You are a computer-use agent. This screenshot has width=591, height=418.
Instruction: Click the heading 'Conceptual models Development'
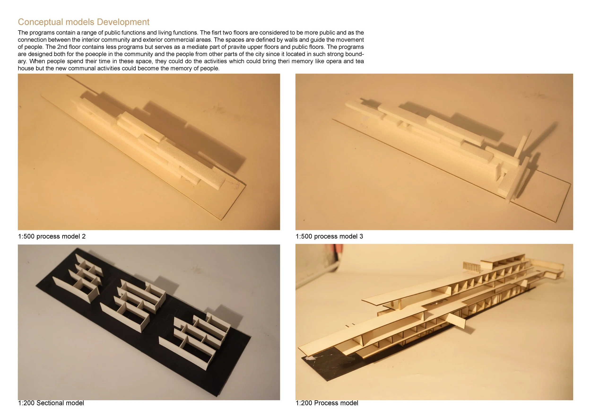[84, 22]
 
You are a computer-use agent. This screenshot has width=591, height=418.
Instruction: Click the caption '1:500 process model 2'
[52, 236]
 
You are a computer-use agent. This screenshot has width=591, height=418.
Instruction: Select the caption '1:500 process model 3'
[329, 236]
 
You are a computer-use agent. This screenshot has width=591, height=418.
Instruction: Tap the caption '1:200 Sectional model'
[51, 403]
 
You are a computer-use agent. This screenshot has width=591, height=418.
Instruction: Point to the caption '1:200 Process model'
[327, 403]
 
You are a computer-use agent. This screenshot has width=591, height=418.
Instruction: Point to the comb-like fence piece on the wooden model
[472, 267]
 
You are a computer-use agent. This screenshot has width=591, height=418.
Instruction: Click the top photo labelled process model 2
[149, 152]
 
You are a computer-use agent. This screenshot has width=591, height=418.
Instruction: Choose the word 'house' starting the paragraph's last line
[26, 69]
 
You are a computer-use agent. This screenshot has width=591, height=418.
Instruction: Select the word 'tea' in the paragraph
[360, 61]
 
